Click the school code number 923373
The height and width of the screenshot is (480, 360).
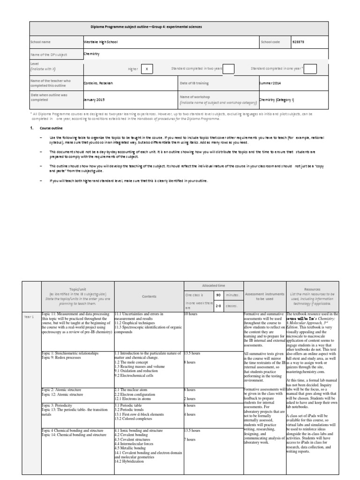pos(298,42)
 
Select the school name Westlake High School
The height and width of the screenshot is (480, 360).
pos(101,42)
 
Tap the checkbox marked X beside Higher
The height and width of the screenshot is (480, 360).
pos(147,69)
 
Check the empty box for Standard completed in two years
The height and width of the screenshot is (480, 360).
pos(228,69)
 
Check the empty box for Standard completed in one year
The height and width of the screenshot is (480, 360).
pos(310,69)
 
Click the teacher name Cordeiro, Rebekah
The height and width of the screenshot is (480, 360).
pos(98,83)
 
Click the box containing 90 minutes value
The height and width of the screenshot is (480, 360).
pos(218,295)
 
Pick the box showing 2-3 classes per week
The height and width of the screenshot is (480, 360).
pos(218,305)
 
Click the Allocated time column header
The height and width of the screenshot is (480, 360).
pos(213,285)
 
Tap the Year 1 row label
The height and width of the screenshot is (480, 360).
pos(29,317)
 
